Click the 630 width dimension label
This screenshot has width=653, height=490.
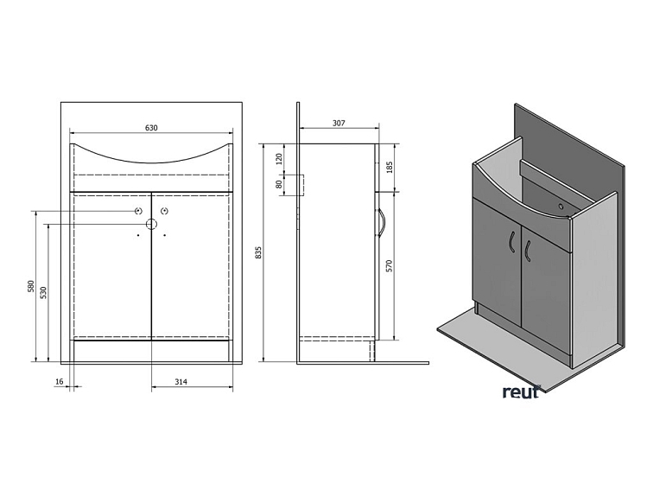[x=151, y=128]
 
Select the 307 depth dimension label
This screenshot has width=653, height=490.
[x=339, y=123]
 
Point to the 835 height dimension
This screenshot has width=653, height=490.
[x=257, y=252]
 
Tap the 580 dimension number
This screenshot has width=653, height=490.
[x=30, y=286]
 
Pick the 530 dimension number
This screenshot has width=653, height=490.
[x=42, y=292]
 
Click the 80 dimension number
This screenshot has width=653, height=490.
[x=279, y=184]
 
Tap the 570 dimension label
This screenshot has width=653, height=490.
[x=389, y=266]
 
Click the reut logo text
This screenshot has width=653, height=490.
[x=521, y=391]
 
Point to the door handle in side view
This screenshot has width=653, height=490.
[x=380, y=223]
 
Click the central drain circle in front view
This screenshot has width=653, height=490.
[x=151, y=225]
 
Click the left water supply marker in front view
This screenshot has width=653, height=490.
[x=138, y=212]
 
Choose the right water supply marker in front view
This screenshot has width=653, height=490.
[x=164, y=212]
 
